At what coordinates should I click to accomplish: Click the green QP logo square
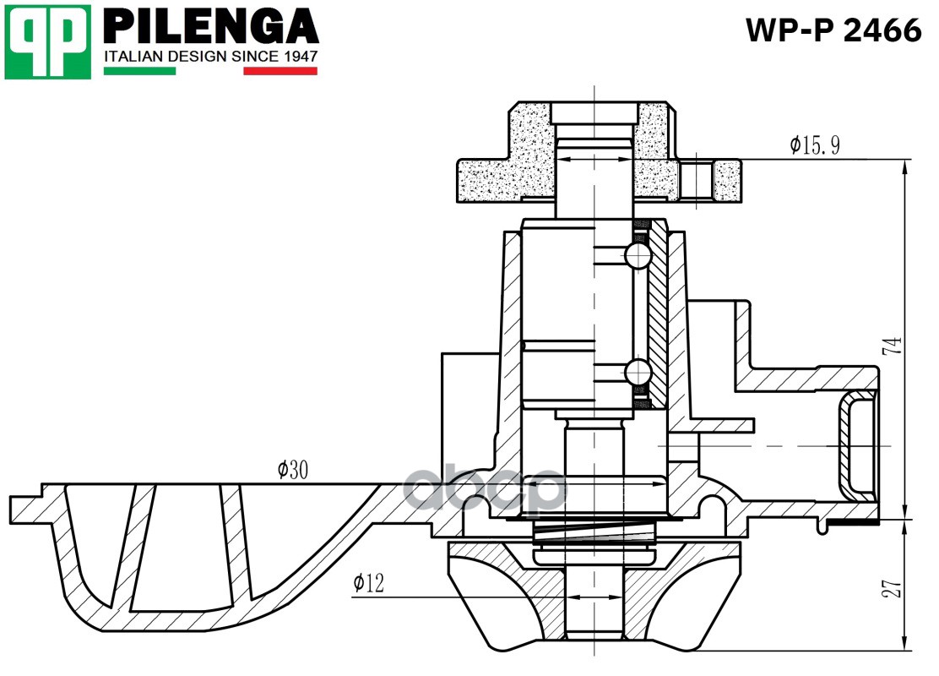tap(48, 42)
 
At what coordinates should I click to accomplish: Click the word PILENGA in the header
tap(211, 26)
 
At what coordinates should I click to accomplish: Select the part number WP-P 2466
tap(833, 30)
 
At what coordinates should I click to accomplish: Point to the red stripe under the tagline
tap(280, 71)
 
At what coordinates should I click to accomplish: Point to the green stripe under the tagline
tap(140, 71)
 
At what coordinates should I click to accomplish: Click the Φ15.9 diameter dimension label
tap(814, 145)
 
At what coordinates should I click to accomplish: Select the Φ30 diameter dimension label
tap(293, 470)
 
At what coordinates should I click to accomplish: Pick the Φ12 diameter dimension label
tap(368, 582)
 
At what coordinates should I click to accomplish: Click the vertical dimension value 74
tap(893, 346)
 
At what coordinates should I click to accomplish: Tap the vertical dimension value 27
tap(893, 588)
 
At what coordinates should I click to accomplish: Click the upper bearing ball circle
tap(638, 256)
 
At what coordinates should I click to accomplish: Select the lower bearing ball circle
tap(638, 372)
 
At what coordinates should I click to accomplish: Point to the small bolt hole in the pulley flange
tap(696, 180)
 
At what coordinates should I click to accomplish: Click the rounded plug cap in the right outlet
tap(858, 446)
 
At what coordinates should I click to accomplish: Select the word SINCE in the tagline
tap(254, 57)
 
